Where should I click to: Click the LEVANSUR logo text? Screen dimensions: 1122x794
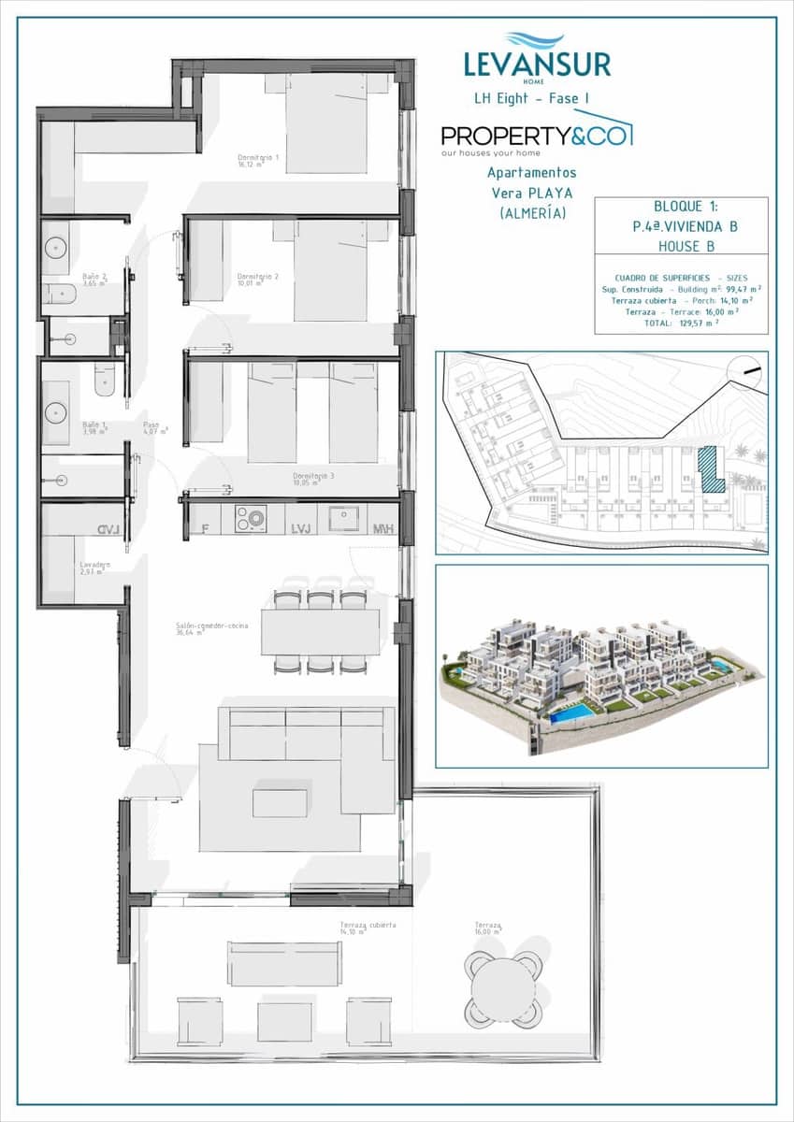[x=537, y=65]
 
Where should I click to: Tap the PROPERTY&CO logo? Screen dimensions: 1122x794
[x=536, y=137]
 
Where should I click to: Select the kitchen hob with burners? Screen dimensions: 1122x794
[x=251, y=518]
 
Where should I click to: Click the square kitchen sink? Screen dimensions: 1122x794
[x=344, y=518]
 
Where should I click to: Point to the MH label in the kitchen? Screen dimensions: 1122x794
[x=383, y=530]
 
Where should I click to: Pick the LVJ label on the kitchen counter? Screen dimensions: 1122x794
[x=300, y=530]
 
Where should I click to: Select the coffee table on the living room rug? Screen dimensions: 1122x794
[x=280, y=802]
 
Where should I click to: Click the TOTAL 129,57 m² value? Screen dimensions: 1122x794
[x=680, y=323]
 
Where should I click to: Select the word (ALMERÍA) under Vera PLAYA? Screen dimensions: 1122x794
[x=532, y=213]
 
